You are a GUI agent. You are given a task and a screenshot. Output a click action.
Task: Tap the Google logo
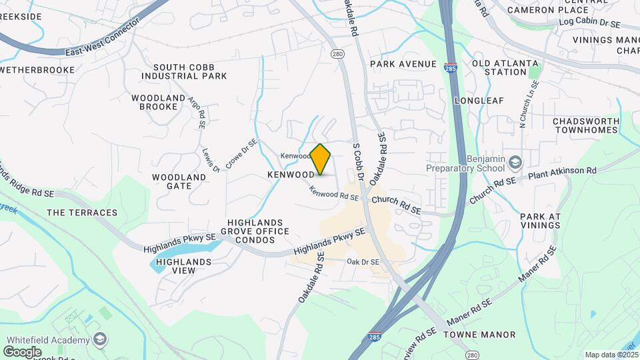click(x=22, y=351)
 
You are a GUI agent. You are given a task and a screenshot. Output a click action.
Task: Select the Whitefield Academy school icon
click(x=99, y=340)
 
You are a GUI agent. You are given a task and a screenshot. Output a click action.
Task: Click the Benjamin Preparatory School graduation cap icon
click(x=515, y=162)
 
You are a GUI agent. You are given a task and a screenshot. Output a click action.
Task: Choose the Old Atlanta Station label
click(x=495, y=67)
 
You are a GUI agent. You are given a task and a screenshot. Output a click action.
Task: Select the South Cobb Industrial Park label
click(x=190, y=71)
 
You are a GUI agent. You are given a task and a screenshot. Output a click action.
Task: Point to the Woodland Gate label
click(x=179, y=181)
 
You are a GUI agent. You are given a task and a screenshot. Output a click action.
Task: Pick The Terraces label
click(x=82, y=213)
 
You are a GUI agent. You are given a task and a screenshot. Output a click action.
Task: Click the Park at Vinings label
click(x=540, y=221)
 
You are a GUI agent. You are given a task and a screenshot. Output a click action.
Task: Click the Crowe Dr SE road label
click(x=241, y=152)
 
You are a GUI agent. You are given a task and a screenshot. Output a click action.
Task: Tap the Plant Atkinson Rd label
click(x=562, y=173)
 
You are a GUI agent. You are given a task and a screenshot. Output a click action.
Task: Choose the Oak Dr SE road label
click(x=363, y=262)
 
